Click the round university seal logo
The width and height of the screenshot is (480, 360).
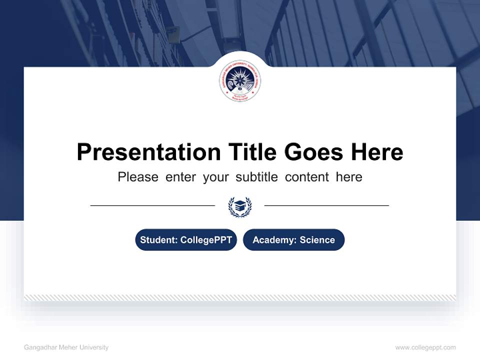[240, 83]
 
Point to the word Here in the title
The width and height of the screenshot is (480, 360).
[376, 152]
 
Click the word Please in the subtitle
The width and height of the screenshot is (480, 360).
[138, 177]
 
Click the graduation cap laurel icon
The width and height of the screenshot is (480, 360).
[240, 206]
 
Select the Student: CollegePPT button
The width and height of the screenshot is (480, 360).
[186, 240]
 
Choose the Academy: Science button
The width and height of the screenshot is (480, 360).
[293, 240]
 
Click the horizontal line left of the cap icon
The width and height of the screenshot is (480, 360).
[152, 205]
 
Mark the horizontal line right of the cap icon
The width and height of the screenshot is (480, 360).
[326, 205]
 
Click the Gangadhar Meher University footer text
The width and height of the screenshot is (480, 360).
[66, 347]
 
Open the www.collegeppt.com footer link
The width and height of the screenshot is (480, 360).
[425, 347]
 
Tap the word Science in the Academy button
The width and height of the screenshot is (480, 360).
[317, 240]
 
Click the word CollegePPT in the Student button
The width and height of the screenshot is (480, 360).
[206, 240]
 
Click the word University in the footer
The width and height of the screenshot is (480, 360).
[94, 347]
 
